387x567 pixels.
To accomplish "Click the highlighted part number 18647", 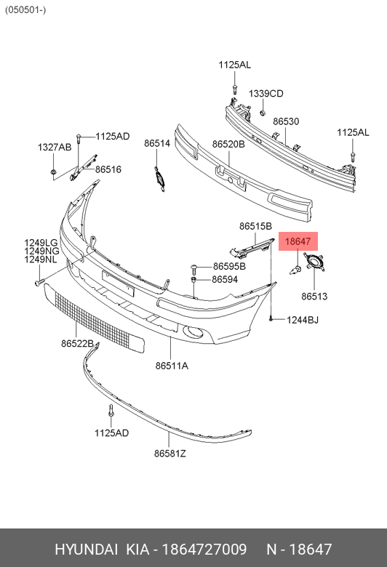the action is tap(298, 241).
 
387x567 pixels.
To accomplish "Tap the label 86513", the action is tap(314, 296).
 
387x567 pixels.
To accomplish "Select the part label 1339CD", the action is tap(266, 93).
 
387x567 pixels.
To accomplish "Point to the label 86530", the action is tap(286, 121).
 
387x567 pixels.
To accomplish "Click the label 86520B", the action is tap(228, 144).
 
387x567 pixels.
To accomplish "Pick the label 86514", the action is tap(157, 143).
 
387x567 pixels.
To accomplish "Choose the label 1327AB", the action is tap(55, 147).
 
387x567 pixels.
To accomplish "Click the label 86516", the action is tap(108, 169).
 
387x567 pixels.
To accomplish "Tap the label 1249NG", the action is tap(41, 251).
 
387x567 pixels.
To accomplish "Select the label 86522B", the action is tap(77, 343).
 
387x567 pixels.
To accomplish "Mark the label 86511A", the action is tap(172, 366).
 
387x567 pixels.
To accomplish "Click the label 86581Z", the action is tap(170, 453).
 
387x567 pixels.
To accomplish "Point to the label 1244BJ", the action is tap(303, 320).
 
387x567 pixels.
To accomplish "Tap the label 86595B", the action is tap(230, 266).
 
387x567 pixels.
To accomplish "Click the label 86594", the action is tap(225, 279).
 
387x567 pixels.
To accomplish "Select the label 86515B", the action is tap(255, 226).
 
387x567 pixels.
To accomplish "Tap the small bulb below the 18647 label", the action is tap(295, 270).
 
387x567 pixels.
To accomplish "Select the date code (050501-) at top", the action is tap(25, 9).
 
